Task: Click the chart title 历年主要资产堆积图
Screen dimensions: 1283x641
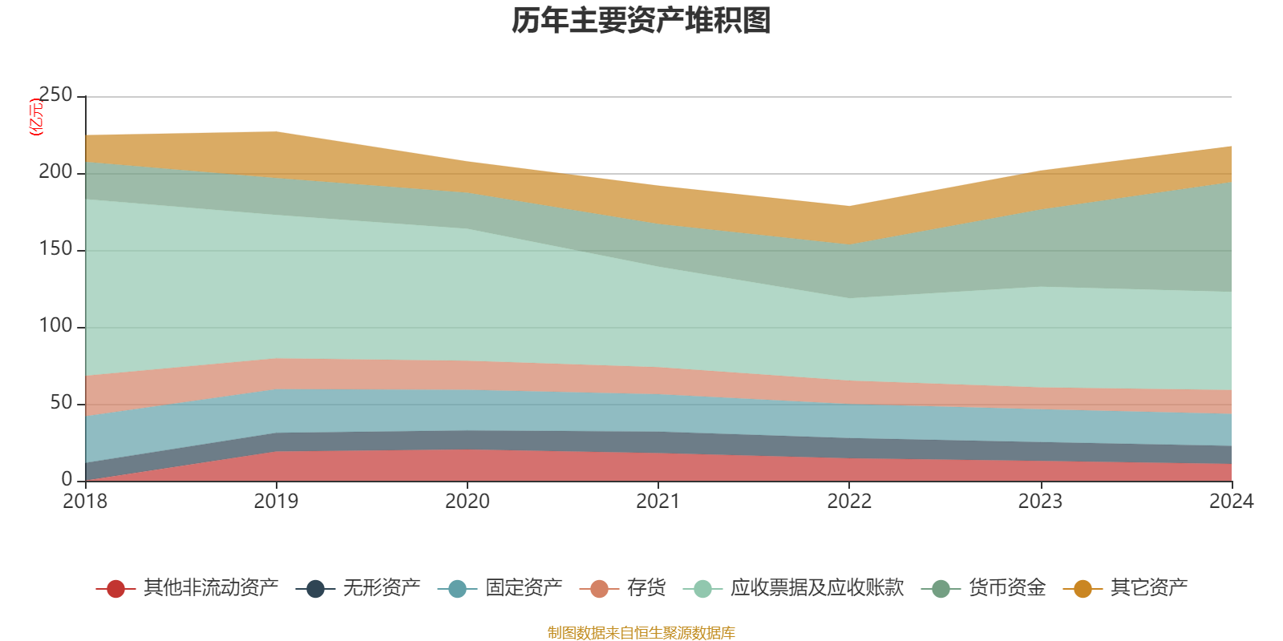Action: [641, 21]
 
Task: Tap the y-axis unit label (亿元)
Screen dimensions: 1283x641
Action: [35, 117]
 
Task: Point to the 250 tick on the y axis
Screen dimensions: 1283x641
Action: [55, 95]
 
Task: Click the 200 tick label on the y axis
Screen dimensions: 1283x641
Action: [55, 171]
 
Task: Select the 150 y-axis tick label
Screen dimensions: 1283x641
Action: [55, 248]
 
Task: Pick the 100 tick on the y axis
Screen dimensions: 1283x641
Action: [55, 325]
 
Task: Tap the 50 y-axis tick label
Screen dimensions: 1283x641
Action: [61, 402]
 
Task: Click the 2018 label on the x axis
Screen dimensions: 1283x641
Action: [85, 502]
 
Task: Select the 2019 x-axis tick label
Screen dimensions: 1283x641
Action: [276, 502]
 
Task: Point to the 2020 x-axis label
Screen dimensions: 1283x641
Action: [467, 502]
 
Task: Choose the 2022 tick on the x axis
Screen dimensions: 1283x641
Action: [849, 502]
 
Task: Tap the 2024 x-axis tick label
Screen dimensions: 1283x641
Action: [1232, 502]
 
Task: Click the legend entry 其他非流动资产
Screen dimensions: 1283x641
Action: [188, 588]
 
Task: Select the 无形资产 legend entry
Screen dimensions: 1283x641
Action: [358, 588]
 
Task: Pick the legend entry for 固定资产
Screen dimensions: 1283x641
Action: [500, 588]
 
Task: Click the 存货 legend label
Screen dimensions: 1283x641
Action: [646, 588]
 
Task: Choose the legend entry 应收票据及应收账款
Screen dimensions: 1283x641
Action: [794, 588]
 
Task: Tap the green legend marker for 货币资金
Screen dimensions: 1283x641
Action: [941, 589]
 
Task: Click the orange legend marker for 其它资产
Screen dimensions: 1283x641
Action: [1083, 589]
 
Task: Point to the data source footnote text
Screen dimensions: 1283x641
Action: [641, 632]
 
